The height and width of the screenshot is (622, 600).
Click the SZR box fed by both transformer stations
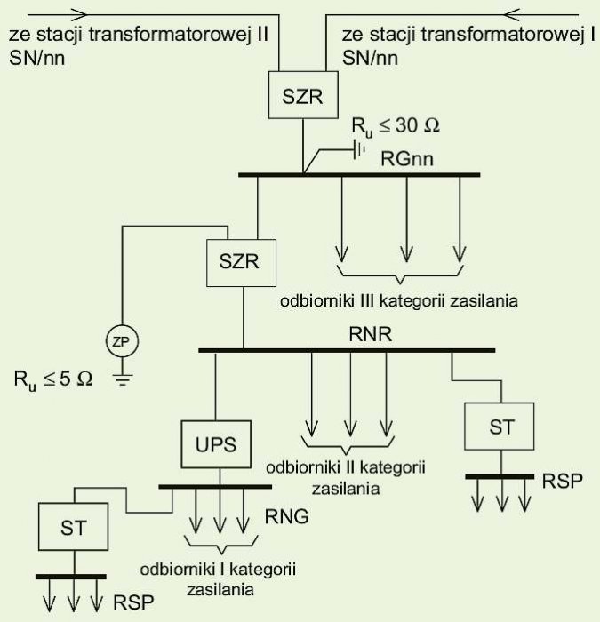tap(303, 95)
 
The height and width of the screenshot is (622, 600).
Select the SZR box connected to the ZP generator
tap(241, 263)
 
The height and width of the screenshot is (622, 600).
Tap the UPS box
tap(216, 444)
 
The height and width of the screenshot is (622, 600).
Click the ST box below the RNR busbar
tap(500, 427)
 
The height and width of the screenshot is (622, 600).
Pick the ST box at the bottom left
tap(74, 527)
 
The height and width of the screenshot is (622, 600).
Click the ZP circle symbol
tap(123, 341)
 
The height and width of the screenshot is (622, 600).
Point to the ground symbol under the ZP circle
tap(123, 379)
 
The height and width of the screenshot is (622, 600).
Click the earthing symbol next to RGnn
tap(359, 150)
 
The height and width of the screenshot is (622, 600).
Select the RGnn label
tap(407, 159)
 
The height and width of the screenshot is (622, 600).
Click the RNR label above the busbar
tap(371, 334)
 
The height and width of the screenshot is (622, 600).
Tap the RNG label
tap(286, 516)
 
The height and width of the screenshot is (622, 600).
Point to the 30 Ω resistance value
tap(418, 126)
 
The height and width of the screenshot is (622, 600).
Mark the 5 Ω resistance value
tap(76, 379)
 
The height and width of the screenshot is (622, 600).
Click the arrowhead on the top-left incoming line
tap(78, 15)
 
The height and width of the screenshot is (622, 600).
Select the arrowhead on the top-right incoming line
tap(512, 15)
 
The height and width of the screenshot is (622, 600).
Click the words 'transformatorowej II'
tap(179, 35)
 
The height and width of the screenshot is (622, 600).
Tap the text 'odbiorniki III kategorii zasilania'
tap(399, 300)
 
